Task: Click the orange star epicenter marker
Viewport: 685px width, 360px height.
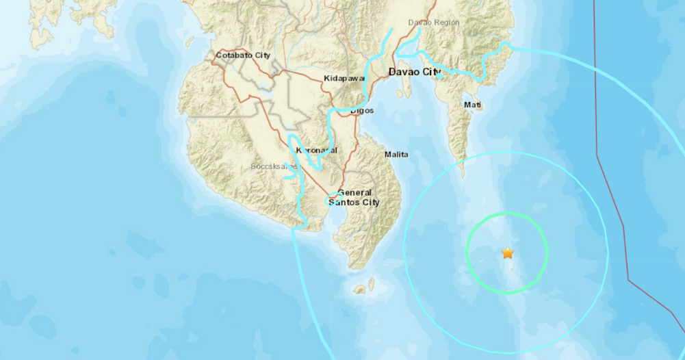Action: [x=507, y=253]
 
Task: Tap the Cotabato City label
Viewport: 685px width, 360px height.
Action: [x=243, y=55]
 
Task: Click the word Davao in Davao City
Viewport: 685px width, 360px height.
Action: [x=404, y=71]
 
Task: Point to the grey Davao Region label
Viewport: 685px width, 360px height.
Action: [x=434, y=23]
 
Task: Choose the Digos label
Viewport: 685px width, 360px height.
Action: [x=362, y=110]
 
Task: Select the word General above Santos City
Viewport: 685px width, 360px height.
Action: [x=354, y=193]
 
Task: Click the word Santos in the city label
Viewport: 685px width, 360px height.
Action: [x=344, y=203]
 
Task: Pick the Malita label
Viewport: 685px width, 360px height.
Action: [x=396, y=155]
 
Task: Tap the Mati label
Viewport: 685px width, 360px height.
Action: [x=472, y=105]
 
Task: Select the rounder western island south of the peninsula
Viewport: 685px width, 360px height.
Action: [x=359, y=290]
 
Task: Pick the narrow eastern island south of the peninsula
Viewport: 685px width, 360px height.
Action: [x=372, y=283]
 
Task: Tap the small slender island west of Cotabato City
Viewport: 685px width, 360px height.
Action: [x=190, y=40]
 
